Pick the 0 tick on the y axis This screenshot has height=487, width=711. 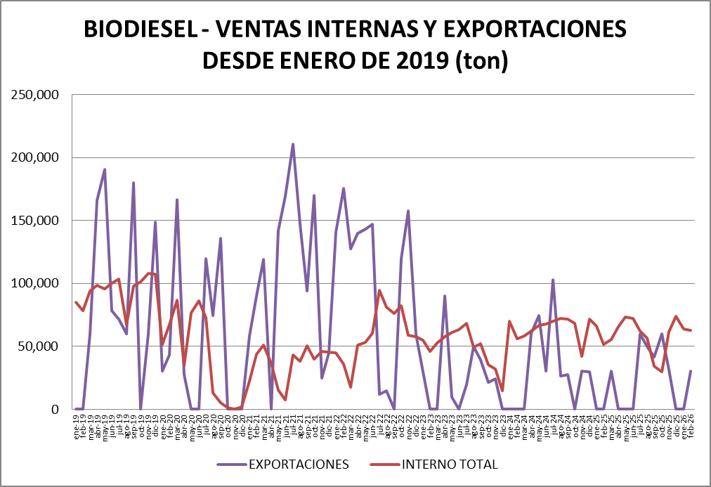[59, 409]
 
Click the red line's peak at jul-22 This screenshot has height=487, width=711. [379, 290]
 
